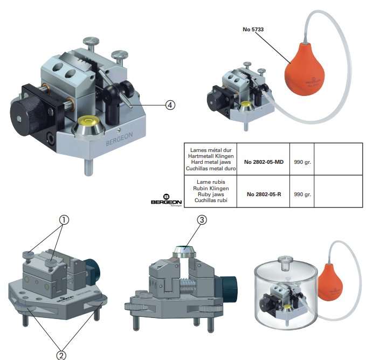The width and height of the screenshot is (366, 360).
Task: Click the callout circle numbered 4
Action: [171, 105]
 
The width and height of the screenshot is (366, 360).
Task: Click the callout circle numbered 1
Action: [64, 220]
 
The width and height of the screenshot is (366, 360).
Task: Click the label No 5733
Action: [253, 30]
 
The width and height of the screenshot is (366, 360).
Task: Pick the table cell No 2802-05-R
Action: [264, 193]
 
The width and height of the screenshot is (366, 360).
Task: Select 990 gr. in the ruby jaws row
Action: [301, 193]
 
